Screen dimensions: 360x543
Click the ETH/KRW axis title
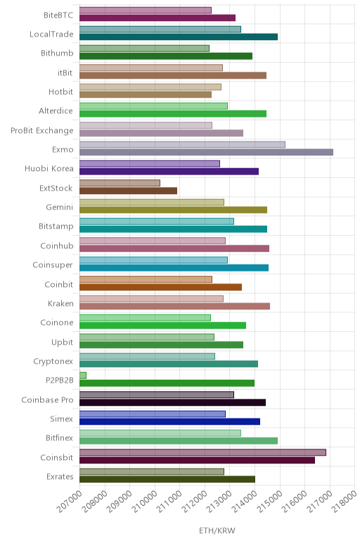[x=217, y=530]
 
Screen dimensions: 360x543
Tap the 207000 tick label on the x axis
[x=70, y=501]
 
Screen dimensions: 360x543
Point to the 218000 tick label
[x=345, y=501]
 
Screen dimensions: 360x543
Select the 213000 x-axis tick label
[x=219, y=501]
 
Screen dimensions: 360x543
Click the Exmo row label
[x=63, y=149]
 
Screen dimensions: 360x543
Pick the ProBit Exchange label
[x=42, y=130]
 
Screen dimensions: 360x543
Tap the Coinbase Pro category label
[x=47, y=400]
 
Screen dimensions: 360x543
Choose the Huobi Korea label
[x=49, y=169]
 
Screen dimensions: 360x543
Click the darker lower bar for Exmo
[x=206, y=152]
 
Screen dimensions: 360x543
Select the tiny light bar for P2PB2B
[x=83, y=376]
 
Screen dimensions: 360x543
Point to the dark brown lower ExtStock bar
[x=128, y=191]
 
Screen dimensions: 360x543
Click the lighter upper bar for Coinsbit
[x=202, y=452]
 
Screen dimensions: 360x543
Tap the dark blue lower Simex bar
[x=169, y=421]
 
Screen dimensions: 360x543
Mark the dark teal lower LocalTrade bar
[x=179, y=37]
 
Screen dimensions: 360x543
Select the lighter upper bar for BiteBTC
[x=146, y=10]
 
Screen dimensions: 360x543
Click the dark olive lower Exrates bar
[x=167, y=479]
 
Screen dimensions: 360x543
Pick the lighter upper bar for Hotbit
[x=150, y=87]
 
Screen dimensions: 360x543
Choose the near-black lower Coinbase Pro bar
[x=173, y=402]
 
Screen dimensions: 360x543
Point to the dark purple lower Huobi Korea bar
[x=169, y=172]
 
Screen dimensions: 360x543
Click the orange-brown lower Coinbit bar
[x=160, y=287]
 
